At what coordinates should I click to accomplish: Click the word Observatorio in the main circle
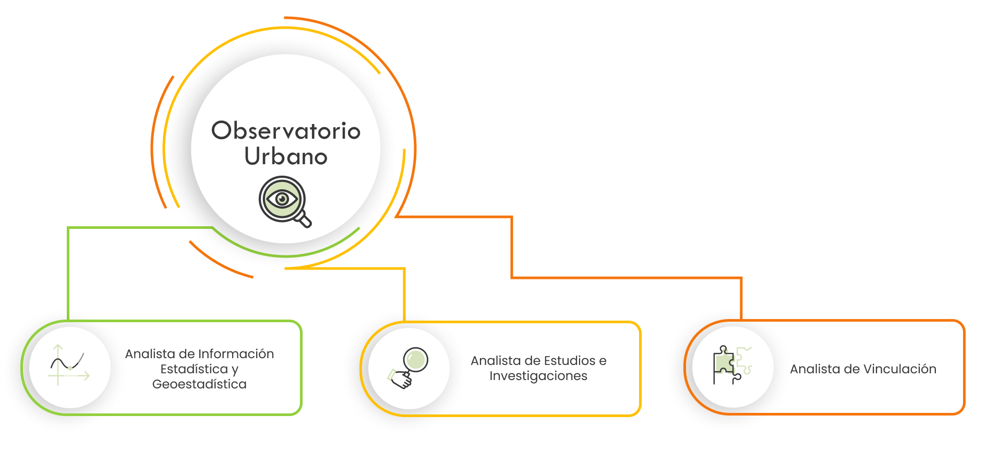coord(285,131)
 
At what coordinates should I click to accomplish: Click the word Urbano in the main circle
coord(285,156)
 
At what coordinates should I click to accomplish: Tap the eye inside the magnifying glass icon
coord(282,198)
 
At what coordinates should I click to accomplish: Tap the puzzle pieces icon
coord(732,365)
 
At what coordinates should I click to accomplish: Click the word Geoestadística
coord(199,384)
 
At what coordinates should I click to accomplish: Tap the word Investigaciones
coord(538,376)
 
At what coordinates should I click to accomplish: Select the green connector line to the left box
coord(68,271)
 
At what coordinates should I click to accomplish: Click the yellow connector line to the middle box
coord(404,292)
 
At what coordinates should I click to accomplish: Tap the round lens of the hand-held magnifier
coord(415,359)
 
